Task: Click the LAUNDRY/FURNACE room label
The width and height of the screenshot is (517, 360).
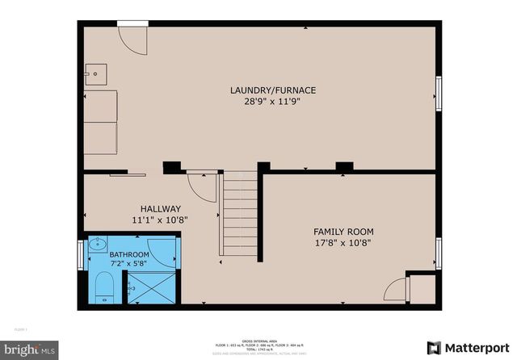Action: click(272, 90)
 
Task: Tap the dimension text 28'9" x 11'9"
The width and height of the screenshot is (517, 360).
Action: click(272, 101)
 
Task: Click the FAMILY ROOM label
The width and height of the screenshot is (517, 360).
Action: click(343, 232)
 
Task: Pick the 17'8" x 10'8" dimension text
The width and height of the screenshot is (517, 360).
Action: click(343, 243)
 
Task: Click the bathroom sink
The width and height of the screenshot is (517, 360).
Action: click(96, 244)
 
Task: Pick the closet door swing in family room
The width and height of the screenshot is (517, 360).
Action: click(396, 291)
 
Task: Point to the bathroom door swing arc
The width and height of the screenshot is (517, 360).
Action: click(161, 251)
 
